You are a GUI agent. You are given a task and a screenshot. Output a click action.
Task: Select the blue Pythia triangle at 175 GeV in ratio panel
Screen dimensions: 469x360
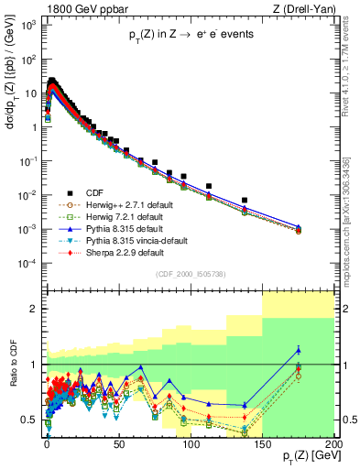[x=299, y=350]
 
